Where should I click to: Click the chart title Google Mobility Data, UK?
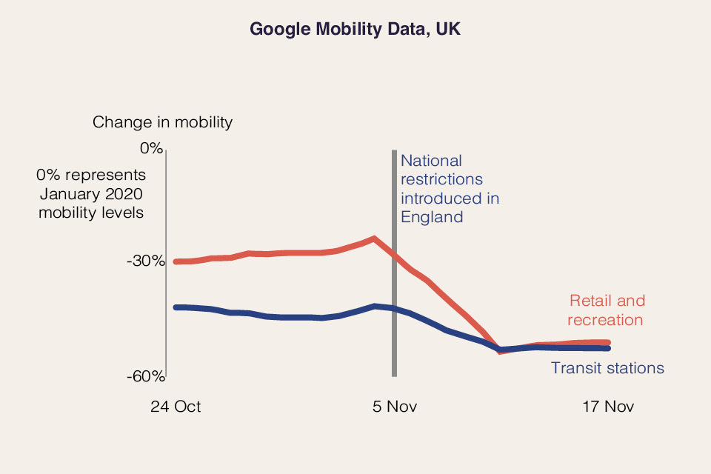pyautogui.click(x=355, y=29)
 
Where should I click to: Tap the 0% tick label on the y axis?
pyautogui.click(x=150, y=148)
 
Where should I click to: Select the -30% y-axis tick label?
pyautogui.click(x=145, y=261)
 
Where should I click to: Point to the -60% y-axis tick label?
pyautogui.click(x=145, y=376)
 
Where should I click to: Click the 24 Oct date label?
pyautogui.click(x=176, y=407)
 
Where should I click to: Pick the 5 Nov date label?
pyautogui.click(x=394, y=407)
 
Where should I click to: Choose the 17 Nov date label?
pyautogui.click(x=607, y=407)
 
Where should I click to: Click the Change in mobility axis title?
pyautogui.click(x=162, y=122)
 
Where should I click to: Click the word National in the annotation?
pyautogui.click(x=431, y=161)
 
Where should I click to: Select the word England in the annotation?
pyautogui.click(x=432, y=217)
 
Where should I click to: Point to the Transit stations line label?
pyautogui.click(x=607, y=368)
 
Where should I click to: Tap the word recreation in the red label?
pyautogui.click(x=605, y=320)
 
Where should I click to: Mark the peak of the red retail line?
pyautogui.click(x=375, y=238)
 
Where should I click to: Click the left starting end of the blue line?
pyautogui.click(x=176, y=307)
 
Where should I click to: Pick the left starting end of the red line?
pyautogui.click(x=176, y=261)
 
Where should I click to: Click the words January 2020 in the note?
pyautogui.click(x=90, y=194)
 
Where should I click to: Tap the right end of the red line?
pyautogui.click(x=607, y=342)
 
